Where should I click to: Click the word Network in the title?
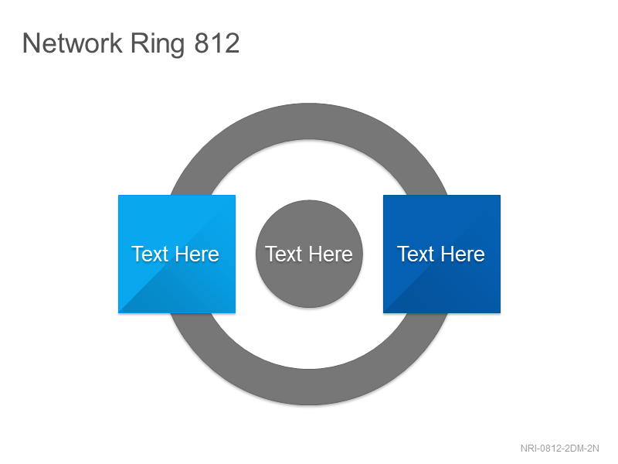pos(73,43)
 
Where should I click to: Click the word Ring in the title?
pos(158,45)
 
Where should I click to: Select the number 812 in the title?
pos(217,43)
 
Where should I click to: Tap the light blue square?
pos(177,254)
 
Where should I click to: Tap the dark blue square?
pos(442,254)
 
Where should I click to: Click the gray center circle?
pos(310,254)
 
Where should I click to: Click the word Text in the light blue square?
pos(150,254)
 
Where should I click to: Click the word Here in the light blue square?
pos(197,254)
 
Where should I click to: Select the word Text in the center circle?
pos(284,254)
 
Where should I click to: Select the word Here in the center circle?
pos(331,254)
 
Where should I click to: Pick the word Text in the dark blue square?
pos(416,254)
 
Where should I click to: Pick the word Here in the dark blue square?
pos(463,254)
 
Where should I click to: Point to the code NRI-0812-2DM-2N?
pos(559,449)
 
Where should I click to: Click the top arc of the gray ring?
pos(310,121)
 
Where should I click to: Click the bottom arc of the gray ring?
pos(310,387)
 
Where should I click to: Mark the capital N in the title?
pos(31,43)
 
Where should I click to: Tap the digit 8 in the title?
pos(202,43)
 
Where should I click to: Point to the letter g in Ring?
pos(177,48)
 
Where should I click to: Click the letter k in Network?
pos(115,43)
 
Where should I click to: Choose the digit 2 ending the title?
pos(233,43)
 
